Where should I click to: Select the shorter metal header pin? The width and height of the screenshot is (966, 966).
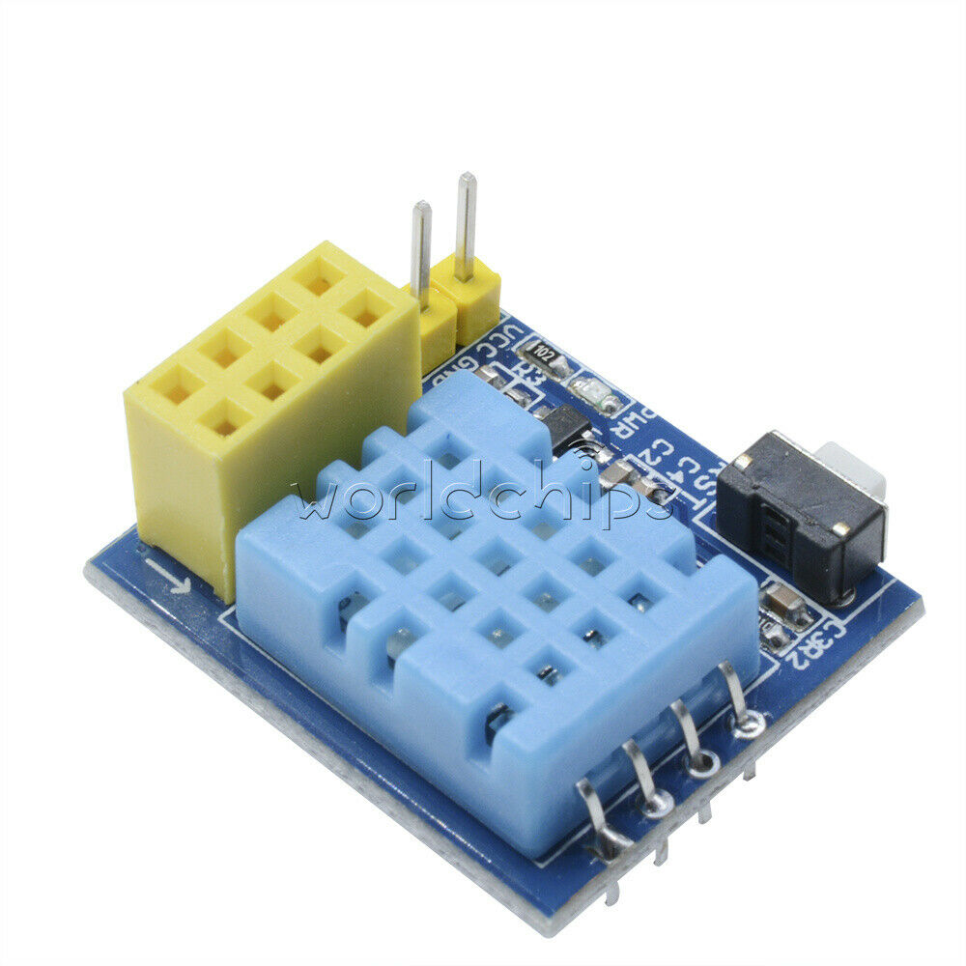point(421,247)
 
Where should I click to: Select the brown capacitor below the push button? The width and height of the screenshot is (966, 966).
point(784,607)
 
